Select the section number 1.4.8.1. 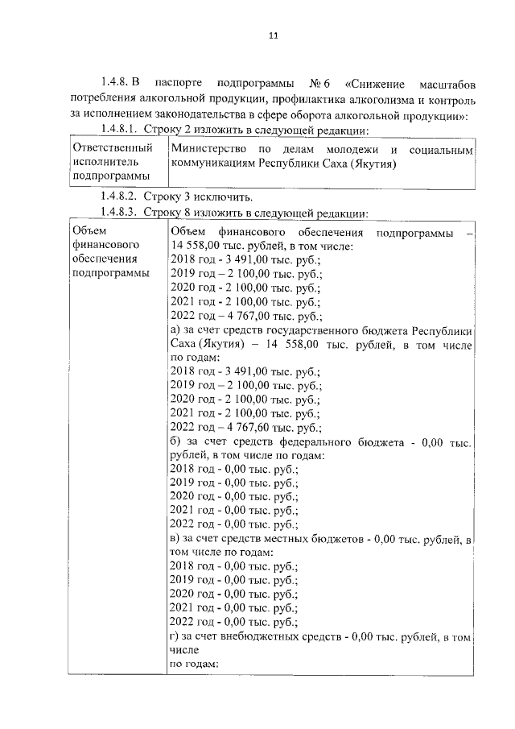120,130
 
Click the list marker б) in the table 177,442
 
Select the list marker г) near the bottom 176,637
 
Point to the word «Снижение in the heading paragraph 377,84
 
